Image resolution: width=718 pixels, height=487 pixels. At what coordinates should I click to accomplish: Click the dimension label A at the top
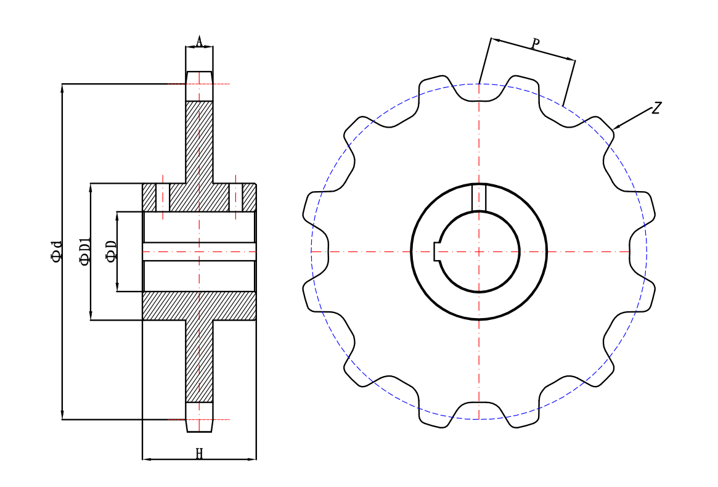click(x=199, y=42)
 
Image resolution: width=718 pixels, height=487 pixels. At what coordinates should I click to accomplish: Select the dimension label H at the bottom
click(x=199, y=454)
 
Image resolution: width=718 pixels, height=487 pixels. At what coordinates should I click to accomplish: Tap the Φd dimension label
click(x=57, y=252)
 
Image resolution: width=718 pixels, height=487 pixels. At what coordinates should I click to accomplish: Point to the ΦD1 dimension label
click(x=85, y=252)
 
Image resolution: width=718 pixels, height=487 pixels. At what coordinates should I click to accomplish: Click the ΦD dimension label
click(x=111, y=252)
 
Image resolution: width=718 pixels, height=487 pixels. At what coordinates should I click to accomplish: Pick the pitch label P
click(x=536, y=44)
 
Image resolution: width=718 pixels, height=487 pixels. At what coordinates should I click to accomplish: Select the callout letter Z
click(x=656, y=108)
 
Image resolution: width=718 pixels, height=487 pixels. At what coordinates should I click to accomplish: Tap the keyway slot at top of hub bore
click(x=479, y=197)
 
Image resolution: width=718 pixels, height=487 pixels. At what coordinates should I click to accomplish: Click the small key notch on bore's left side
click(x=437, y=252)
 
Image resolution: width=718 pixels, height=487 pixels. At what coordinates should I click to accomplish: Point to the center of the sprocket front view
click(x=479, y=252)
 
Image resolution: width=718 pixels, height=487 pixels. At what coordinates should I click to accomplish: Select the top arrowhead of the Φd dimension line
click(x=62, y=87)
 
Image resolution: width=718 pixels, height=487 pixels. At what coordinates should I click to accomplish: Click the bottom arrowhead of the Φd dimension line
click(x=62, y=416)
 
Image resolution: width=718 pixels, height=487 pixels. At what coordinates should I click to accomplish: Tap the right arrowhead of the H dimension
click(x=253, y=459)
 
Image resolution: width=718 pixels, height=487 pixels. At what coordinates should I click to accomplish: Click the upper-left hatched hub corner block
click(x=149, y=197)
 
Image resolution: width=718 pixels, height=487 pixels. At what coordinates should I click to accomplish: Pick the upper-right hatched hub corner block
click(x=249, y=197)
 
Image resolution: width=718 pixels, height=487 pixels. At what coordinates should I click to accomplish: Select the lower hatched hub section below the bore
click(x=199, y=306)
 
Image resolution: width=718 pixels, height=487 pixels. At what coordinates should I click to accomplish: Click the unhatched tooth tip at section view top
click(x=199, y=86)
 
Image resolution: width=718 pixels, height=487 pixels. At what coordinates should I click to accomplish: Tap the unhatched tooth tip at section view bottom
click(x=199, y=417)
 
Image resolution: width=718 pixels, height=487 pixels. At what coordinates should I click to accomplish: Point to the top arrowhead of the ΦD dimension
click(x=117, y=215)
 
